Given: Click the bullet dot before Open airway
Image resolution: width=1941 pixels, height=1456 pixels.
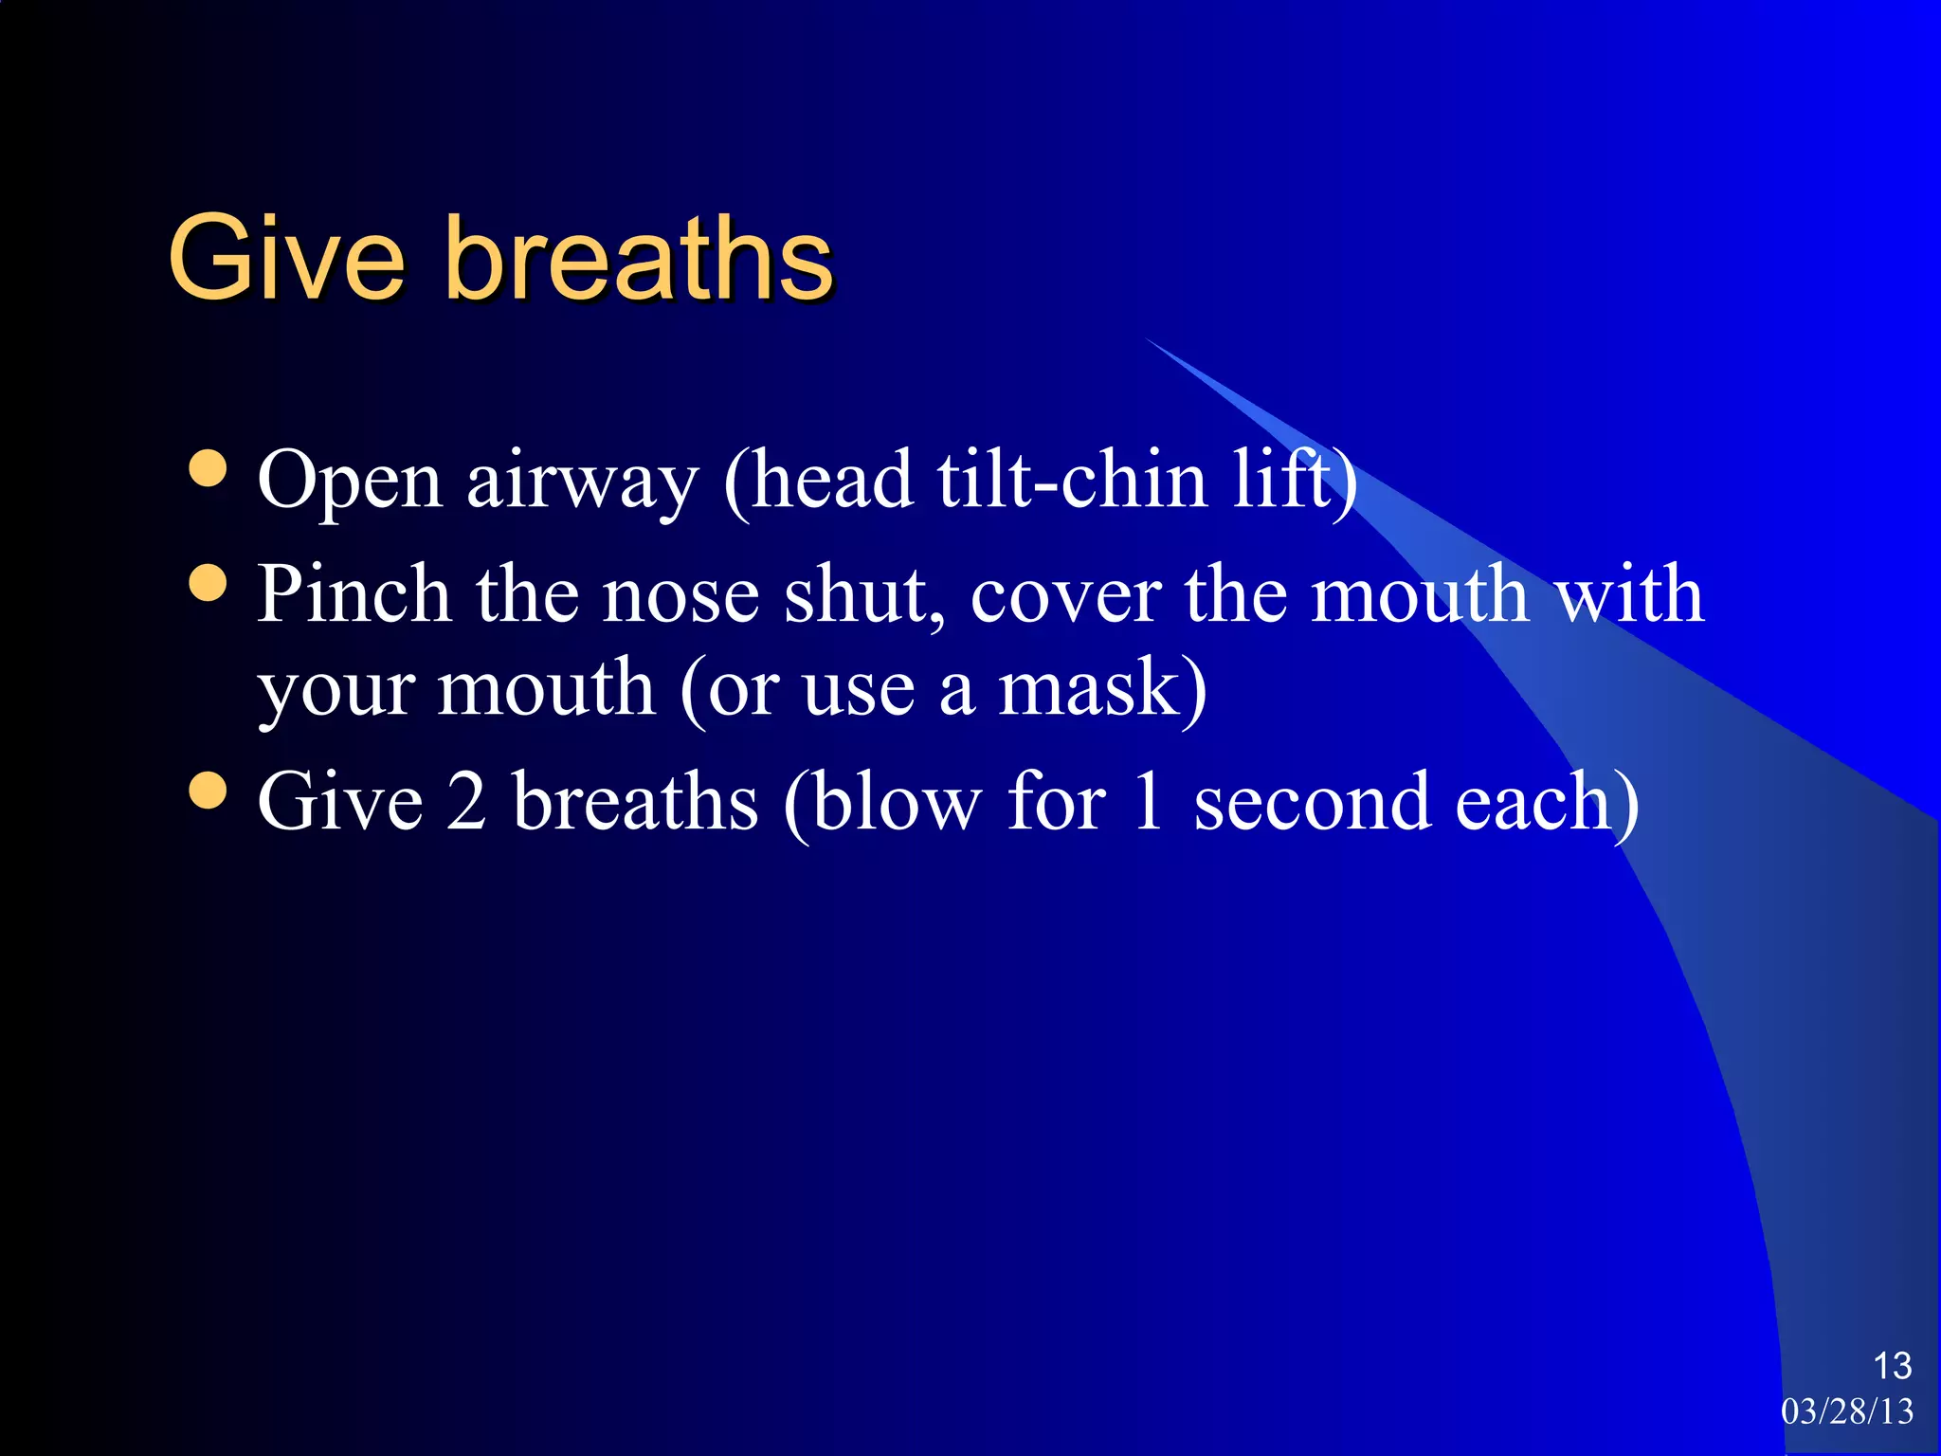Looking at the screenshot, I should [208, 467].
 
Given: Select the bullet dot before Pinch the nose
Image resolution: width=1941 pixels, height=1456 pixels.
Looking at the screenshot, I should [208, 582].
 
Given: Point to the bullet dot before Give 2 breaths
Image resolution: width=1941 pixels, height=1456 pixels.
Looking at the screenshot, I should [208, 791].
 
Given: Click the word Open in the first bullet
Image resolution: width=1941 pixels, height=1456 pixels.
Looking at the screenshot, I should [350, 482].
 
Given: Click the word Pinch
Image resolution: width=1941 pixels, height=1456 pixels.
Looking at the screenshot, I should [354, 594].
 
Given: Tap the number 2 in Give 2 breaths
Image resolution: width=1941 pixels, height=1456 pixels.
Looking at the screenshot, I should [466, 802].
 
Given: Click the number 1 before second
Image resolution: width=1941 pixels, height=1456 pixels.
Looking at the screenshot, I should [1148, 802].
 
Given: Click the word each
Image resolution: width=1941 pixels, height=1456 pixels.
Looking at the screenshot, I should [1532, 802].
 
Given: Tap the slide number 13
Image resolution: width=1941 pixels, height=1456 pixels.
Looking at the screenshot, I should [1892, 1366].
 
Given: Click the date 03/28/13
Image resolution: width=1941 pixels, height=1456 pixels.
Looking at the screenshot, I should [1847, 1411].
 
